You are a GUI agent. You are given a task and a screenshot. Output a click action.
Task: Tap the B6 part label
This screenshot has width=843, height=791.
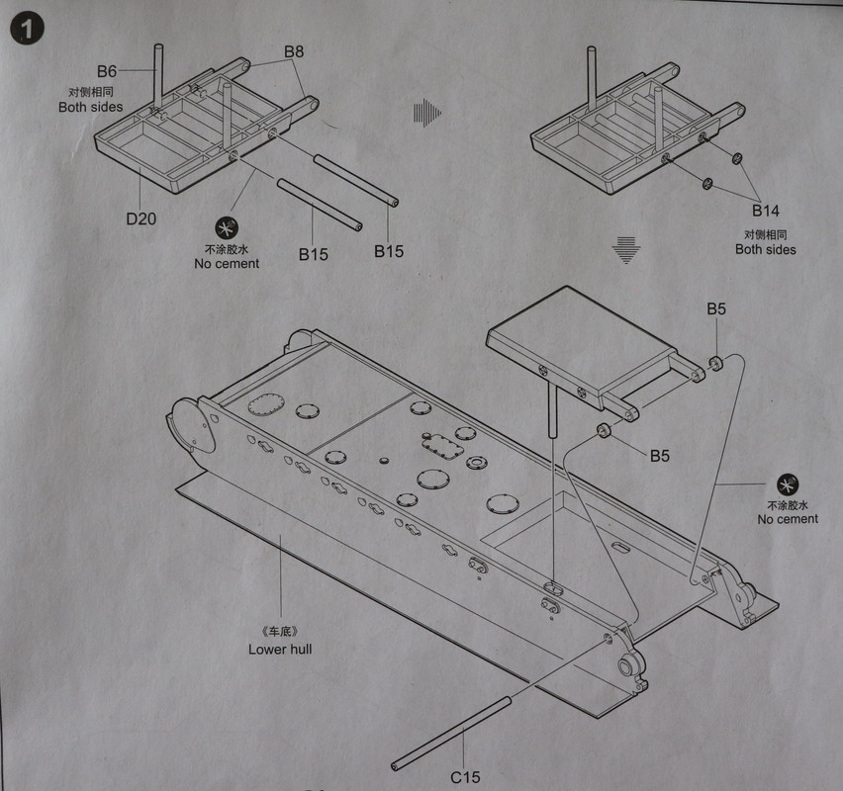pyautogui.click(x=107, y=71)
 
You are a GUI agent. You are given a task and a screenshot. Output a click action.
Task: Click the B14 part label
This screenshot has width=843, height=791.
pyautogui.click(x=765, y=211)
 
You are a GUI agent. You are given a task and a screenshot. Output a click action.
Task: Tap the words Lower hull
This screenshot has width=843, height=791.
pyautogui.click(x=280, y=650)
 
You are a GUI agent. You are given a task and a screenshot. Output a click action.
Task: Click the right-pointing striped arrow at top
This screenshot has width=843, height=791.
pyautogui.click(x=425, y=113)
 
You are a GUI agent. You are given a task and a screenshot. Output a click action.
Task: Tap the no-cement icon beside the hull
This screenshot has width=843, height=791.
pyautogui.click(x=788, y=484)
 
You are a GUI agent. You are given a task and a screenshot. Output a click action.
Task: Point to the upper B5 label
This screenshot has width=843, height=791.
pyautogui.click(x=716, y=309)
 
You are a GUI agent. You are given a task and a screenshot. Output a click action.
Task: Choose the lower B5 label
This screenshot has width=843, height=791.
pyautogui.click(x=661, y=456)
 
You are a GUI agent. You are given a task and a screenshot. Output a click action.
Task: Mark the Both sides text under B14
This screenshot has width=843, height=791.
pyautogui.click(x=765, y=249)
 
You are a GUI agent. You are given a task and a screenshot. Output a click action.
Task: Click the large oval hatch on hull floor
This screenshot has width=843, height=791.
pyautogui.click(x=265, y=406)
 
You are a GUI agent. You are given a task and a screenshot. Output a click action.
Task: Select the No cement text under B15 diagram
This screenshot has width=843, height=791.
pyautogui.click(x=227, y=264)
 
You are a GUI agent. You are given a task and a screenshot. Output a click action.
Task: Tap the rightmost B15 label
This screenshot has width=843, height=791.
pyautogui.click(x=389, y=251)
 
